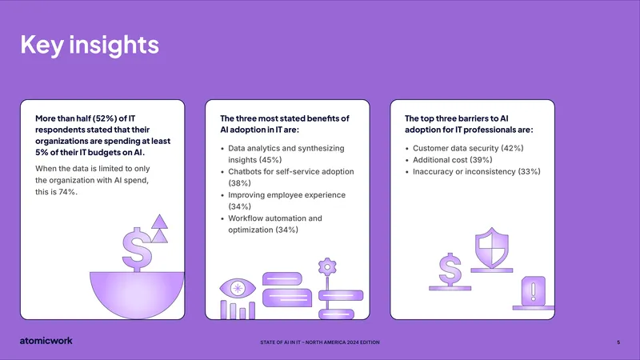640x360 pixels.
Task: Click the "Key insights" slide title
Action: (x=90, y=45)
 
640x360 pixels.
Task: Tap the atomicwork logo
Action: (x=46, y=341)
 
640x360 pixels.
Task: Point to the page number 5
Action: (x=618, y=342)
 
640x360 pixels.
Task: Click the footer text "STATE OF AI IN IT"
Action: (x=281, y=342)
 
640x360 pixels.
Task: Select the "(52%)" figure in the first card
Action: (x=105, y=118)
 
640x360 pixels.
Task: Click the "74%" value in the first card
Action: (x=67, y=192)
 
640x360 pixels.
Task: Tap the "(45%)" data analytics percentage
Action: (x=270, y=160)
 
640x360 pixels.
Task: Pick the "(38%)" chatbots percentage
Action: (x=239, y=183)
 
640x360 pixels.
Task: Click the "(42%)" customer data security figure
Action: (x=512, y=148)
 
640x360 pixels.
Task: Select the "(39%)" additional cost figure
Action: (x=482, y=160)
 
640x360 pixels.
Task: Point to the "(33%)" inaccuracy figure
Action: (x=530, y=172)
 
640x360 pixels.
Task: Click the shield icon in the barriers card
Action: (x=492, y=248)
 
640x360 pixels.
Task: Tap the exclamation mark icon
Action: (x=534, y=290)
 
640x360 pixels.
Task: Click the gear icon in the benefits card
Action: (x=327, y=267)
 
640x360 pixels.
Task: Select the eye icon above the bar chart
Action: (x=238, y=288)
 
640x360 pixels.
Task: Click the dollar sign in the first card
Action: (x=137, y=250)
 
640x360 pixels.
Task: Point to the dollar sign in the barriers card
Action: (x=450, y=270)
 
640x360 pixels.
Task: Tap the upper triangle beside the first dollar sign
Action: (x=159, y=222)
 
